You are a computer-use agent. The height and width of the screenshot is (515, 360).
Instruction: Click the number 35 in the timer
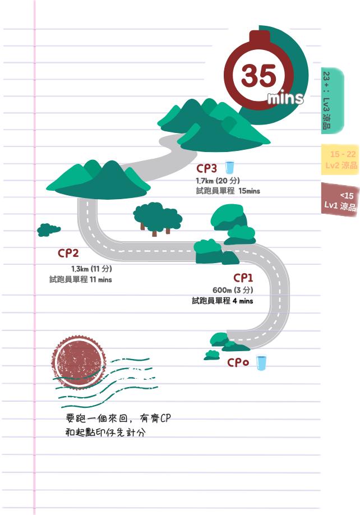point(259,76)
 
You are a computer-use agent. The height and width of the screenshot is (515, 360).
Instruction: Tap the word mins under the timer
point(285,99)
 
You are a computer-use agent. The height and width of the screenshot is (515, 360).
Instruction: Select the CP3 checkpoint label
point(206,168)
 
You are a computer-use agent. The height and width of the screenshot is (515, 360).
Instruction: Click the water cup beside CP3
point(229,167)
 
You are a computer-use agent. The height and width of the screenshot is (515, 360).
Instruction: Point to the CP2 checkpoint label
point(68,254)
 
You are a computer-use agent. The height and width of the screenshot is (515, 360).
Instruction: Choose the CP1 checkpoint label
point(243,278)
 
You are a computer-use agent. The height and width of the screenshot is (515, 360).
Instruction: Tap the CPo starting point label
point(238,362)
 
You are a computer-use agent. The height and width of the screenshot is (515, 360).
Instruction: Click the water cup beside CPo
point(261,363)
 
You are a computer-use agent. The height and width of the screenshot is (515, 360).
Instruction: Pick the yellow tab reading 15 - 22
point(340,160)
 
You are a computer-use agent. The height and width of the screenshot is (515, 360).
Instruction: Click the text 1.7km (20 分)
point(218,181)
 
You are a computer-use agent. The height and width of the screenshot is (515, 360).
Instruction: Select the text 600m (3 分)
point(233,290)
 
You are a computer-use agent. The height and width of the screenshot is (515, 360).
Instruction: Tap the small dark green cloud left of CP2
point(48,229)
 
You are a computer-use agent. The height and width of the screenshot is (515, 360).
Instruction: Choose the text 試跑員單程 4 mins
point(222,301)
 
